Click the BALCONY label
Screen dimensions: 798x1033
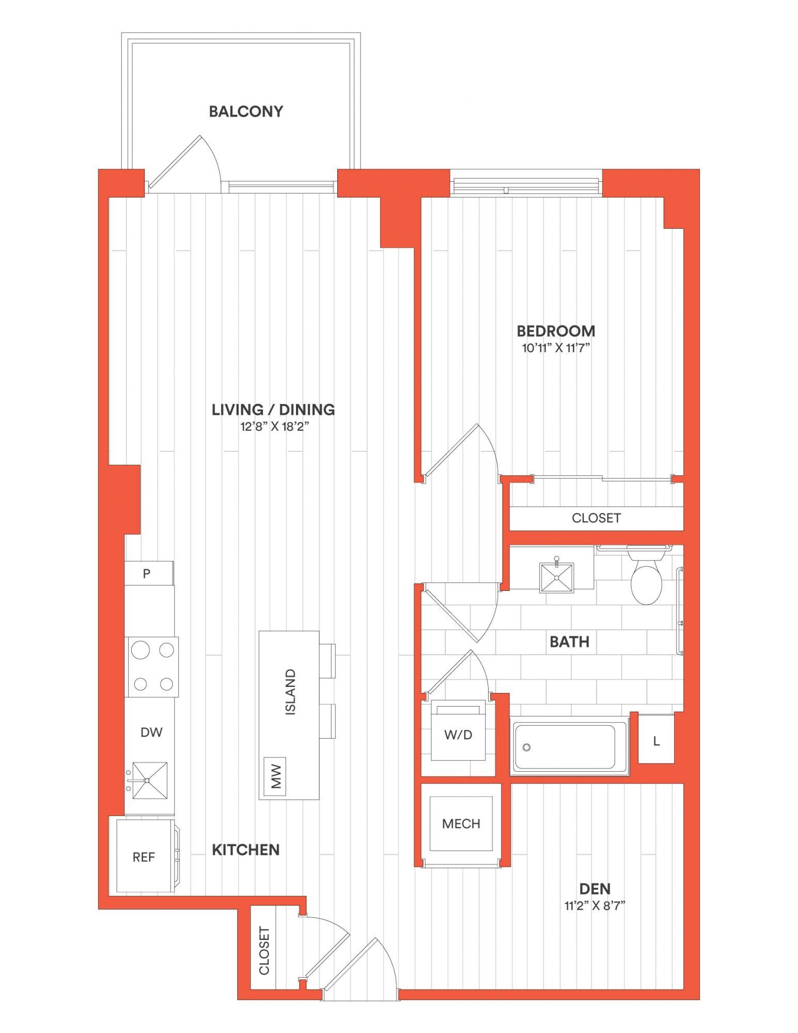(246, 112)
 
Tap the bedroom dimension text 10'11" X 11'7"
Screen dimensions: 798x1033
(556, 348)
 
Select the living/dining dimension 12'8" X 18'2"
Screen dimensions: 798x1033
(273, 426)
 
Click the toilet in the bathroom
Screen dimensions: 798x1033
(646, 575)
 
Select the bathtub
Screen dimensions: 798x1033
(570, 746)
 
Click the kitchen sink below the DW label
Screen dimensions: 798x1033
(150, 780)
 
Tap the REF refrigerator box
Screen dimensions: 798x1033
(145, 857)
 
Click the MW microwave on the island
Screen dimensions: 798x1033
(275, 776)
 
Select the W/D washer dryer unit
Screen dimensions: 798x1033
(458, 730)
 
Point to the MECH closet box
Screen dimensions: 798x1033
(461, 823)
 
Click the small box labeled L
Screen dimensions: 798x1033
(656, 741)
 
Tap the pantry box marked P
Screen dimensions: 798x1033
(149, 573)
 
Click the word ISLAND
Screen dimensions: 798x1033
(291, 692)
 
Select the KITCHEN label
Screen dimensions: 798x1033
(246, 850)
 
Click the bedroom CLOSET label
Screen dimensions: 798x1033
(596, 518)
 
